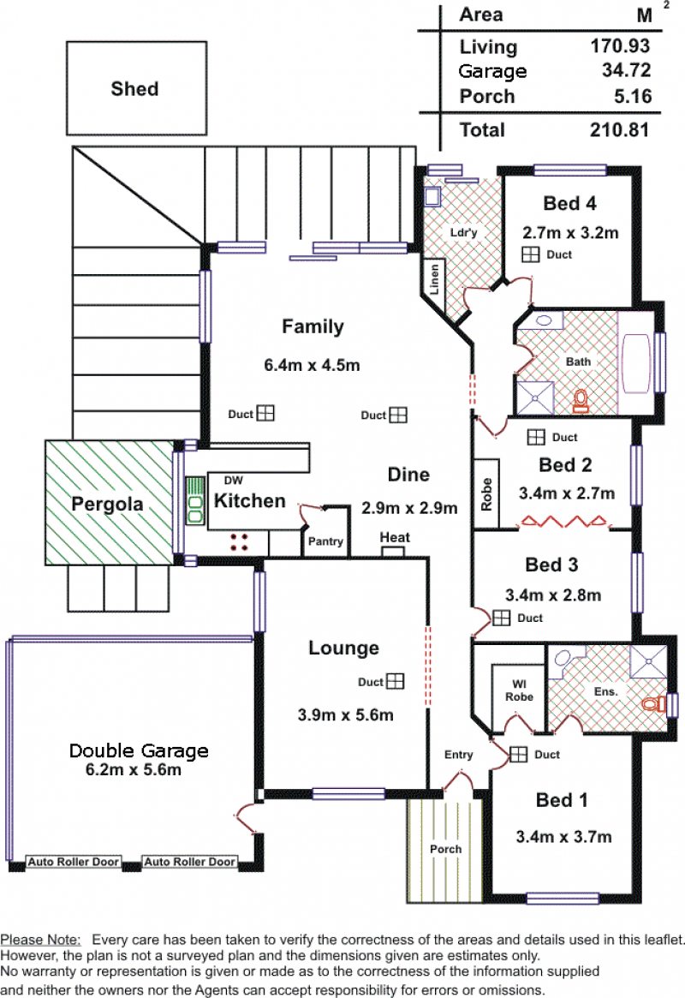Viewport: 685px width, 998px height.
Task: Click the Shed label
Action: click(x=134, y=88)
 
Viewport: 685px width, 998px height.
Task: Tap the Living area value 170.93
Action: click(x=620, y=45)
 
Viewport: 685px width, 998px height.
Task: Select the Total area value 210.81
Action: click(x=619, y=130)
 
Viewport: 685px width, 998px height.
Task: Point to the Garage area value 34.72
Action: click(x=627, y=70)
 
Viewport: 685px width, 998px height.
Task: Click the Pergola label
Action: click(x=107, y=504)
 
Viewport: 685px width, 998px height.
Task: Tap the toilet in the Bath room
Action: click(x=581, y=401)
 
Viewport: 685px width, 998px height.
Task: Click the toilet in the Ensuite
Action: click(x=653, y=704)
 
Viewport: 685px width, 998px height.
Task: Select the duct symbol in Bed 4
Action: click(x=530, y=254)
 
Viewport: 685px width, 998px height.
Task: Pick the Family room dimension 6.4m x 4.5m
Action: click(x=312, y=365)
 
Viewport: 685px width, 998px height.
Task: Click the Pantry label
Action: click(x=325, y=541)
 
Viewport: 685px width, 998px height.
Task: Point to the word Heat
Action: click(x=395, y=537)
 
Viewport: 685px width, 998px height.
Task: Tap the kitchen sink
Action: click(x=194, y=501)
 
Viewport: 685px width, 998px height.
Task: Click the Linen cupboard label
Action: click(x=434, y=279)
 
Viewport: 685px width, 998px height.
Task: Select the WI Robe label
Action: click(x=519, y=690)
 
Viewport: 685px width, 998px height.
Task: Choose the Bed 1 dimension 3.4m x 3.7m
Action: click(x=563, y=837)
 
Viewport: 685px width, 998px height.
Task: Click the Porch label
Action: click(x=446, y=849)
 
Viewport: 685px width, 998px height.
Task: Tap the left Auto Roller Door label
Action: click(x=74, y=862)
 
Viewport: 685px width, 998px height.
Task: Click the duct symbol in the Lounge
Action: click(x=396, y=682)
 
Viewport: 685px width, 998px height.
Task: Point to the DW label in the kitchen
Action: click(x=234, y=481)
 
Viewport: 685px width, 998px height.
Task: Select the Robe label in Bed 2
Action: click(x=486, y=494)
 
